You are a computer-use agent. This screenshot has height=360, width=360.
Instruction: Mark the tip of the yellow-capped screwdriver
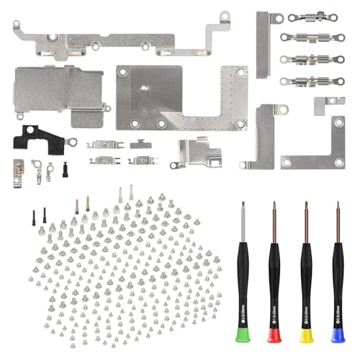click(x=306, y=204)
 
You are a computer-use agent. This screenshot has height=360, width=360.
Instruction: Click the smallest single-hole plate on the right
click(x=329, y=104)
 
